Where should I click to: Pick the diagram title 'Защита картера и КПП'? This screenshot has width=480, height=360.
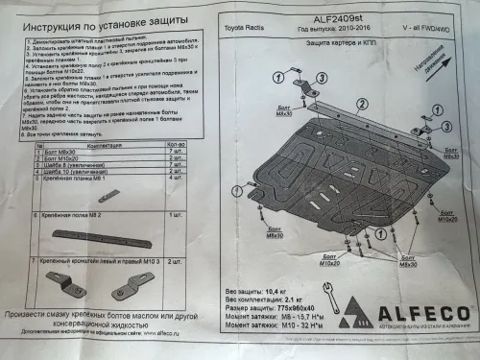pos(331,45)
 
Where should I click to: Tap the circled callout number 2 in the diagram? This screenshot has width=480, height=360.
pos(362,132)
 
